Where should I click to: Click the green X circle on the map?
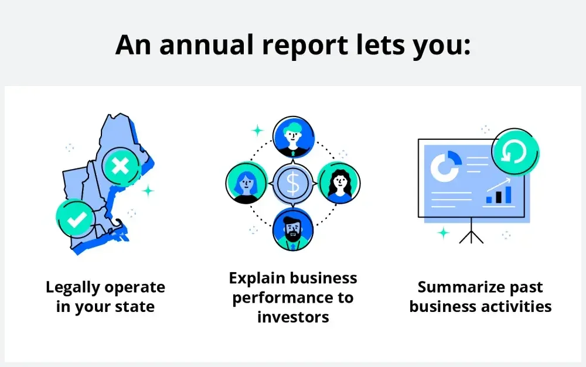click(121, 166)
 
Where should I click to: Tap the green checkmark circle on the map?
click(77, 218)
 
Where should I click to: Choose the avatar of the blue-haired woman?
click(247, 183)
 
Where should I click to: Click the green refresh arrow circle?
click(515, 153)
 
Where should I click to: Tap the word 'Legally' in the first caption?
click(73, 287)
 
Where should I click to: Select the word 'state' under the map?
click(135, 306)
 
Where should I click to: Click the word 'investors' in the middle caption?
click(293, 317)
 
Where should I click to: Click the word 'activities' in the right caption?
click(515, 306)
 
